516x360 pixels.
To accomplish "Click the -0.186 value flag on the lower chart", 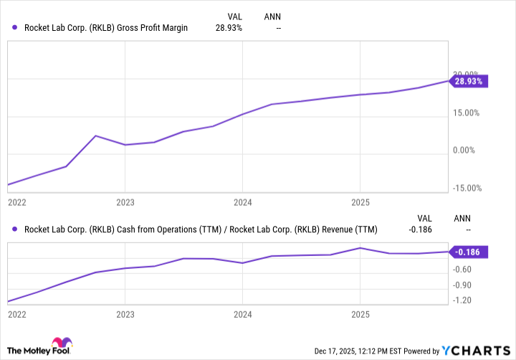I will (470, 252).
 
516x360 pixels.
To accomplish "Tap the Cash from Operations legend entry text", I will (201, 230).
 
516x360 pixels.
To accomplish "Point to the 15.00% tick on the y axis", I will (466, 113).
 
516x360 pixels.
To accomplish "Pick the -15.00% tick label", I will (466, 188).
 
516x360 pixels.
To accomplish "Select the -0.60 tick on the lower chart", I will (462, 270).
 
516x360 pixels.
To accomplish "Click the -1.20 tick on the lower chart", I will (462, 300).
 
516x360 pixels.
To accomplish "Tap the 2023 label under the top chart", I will (125, 202).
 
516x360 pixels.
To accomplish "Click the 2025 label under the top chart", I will (360, 202).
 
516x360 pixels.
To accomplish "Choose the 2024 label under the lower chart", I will (243, 314).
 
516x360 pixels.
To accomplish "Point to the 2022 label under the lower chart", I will (17, 314).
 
